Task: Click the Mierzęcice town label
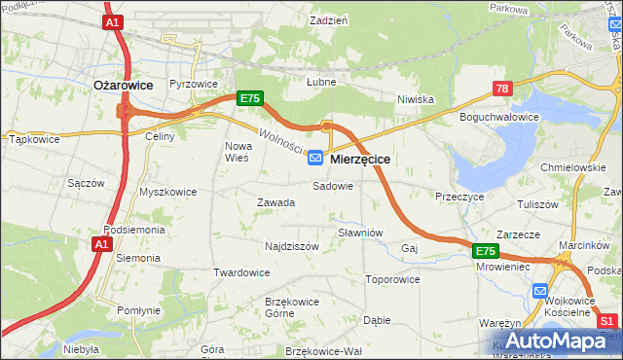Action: [x=360, y=158]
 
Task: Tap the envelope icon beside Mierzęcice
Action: [x=316, y=157]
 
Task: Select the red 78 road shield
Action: [x=502, y=89]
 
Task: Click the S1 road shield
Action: [x=609, y=320]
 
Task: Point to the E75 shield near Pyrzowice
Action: [x=250, y=98]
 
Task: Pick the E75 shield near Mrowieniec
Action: [x=487, y=251]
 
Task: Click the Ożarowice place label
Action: [x=123, y=85]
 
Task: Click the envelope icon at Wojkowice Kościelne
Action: [x=541, y=290]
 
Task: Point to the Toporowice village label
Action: [x=392, y=279]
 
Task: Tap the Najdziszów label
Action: [x=292, y=247]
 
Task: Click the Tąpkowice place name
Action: [x=34, y=139]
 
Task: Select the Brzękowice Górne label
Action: [x=292, y=307]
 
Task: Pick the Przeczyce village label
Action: [x=460, y=197]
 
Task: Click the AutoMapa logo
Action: [x=555, y=341]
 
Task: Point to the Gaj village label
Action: [x=409, y=249]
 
